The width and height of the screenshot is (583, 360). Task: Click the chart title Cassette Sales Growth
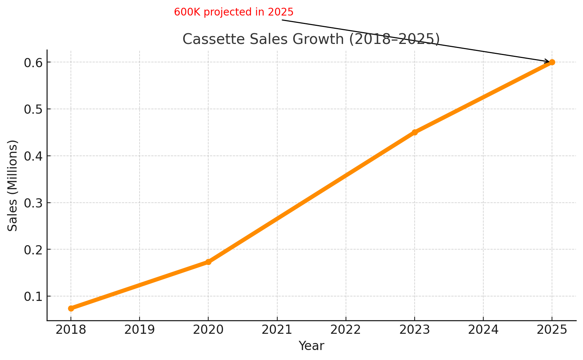point(311,39)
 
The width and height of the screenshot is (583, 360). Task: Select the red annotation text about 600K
point(233,12)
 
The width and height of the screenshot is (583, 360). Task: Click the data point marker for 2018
point(71,308)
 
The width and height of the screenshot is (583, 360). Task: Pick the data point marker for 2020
point(208,262)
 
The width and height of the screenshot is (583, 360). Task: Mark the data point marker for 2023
point(415,132)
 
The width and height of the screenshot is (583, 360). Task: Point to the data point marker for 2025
point(552,62)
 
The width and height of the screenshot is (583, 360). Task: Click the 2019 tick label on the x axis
point(140,330)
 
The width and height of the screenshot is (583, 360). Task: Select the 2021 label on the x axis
point(277,330)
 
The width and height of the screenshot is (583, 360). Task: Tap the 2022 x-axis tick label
point(346,330)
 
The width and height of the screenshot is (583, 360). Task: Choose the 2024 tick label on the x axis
point(483,330)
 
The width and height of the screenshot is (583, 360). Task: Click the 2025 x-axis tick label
point(552,330)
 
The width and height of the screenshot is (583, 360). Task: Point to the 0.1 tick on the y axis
point(33,296)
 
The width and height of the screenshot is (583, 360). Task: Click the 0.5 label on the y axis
point(33,109)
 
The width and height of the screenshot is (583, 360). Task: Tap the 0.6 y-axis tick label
point(33,63)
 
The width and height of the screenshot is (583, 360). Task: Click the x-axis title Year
point(311,346)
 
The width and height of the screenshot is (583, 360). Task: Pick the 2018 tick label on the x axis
point(71,330)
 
